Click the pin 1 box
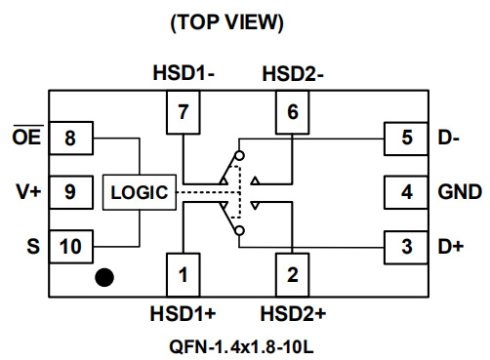pos(184,275)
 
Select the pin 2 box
pos(293,275)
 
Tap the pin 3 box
pos(406,247)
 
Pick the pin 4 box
pos(406,192)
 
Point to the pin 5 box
pos(406,139)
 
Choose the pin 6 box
pos(293,112)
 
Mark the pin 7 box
pos(184,112)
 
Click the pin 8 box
pos(71,138)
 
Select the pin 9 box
pos(71,192)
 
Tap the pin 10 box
pos(71,247)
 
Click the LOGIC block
pos(140,192)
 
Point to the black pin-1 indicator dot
pos(104,277)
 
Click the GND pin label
pos(460,192)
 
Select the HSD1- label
pos(184,72)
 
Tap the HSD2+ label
pos(293,314)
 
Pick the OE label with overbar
pos(27,136)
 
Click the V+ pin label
pos(28,192)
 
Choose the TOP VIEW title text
pos(226,22)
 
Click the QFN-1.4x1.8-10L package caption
pos(241,346)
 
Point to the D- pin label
pos(449,138)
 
